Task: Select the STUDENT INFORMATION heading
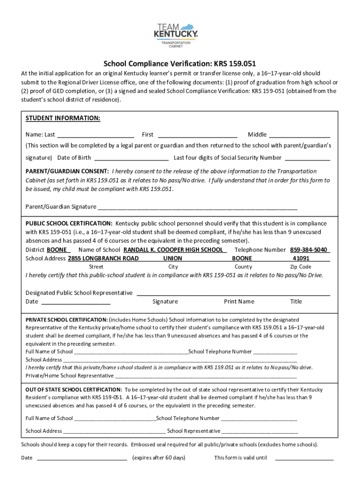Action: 63,118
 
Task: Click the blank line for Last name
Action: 95,135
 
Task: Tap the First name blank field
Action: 197,135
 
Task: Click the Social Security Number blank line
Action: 307,158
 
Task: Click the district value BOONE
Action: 58,250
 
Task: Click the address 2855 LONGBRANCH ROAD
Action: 103,258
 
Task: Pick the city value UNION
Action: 173,258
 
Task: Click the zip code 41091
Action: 301,258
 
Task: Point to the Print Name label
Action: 239,302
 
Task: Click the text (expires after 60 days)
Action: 159,457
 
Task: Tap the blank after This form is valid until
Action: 304,458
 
